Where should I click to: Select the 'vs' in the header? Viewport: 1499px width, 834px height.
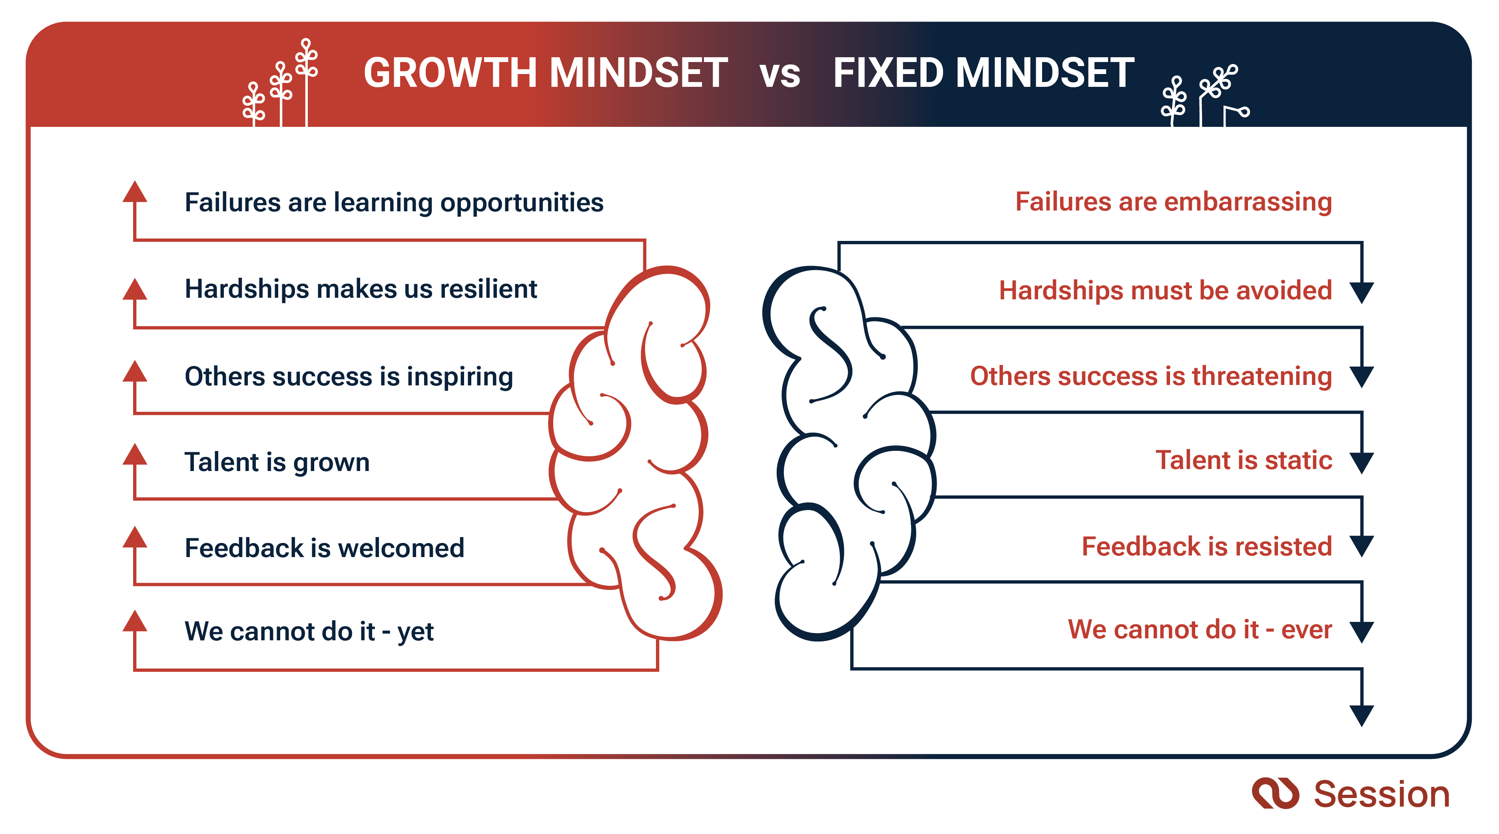[x=780, y=76]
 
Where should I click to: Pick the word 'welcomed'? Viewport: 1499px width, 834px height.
[x=401, y=548]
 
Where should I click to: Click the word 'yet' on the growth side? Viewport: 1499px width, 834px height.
[x=415, y=632]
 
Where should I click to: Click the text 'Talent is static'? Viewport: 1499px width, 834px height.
[x=1244, y=460]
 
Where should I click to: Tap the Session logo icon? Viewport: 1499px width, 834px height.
[x=1275, y=793]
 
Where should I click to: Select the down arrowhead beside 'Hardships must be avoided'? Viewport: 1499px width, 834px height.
[x=1361, y=293]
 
